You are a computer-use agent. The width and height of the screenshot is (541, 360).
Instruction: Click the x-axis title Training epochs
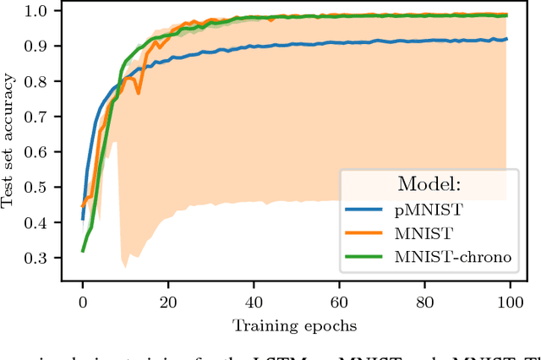coord(294,325)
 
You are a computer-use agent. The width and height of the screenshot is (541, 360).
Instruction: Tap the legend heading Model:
coord(430,184)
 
